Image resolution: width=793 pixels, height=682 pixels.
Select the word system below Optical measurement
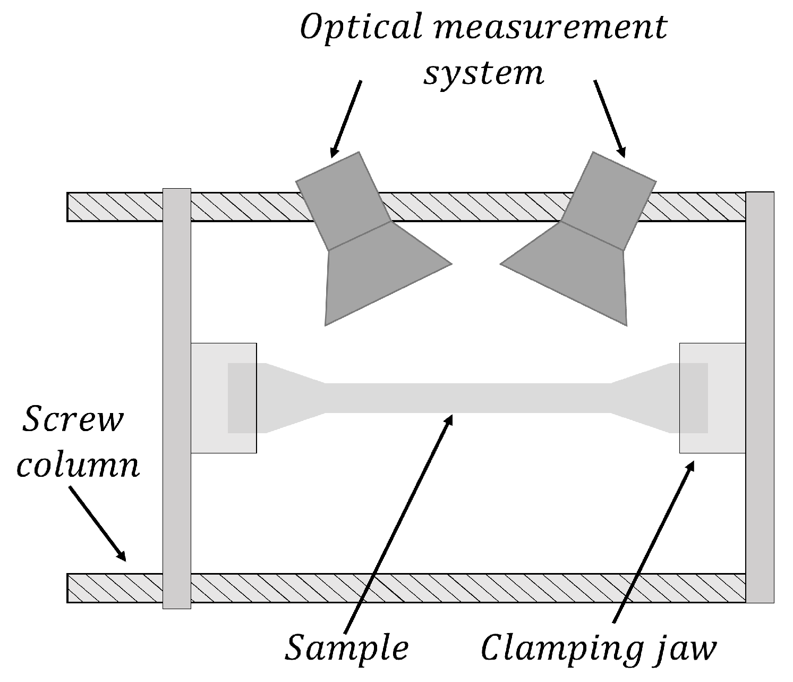pyautogui.click(x=484, y=73)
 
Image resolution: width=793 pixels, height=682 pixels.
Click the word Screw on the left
pyautogui.click(x=73, y=420)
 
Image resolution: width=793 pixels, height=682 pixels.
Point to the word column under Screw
pyautogui.click(x=79, y=466)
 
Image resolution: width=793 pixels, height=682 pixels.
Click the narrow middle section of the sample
pyautogui.click(x=467, y=398)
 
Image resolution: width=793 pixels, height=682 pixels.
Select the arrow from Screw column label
pyautogui.click(x=98, y=524)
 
